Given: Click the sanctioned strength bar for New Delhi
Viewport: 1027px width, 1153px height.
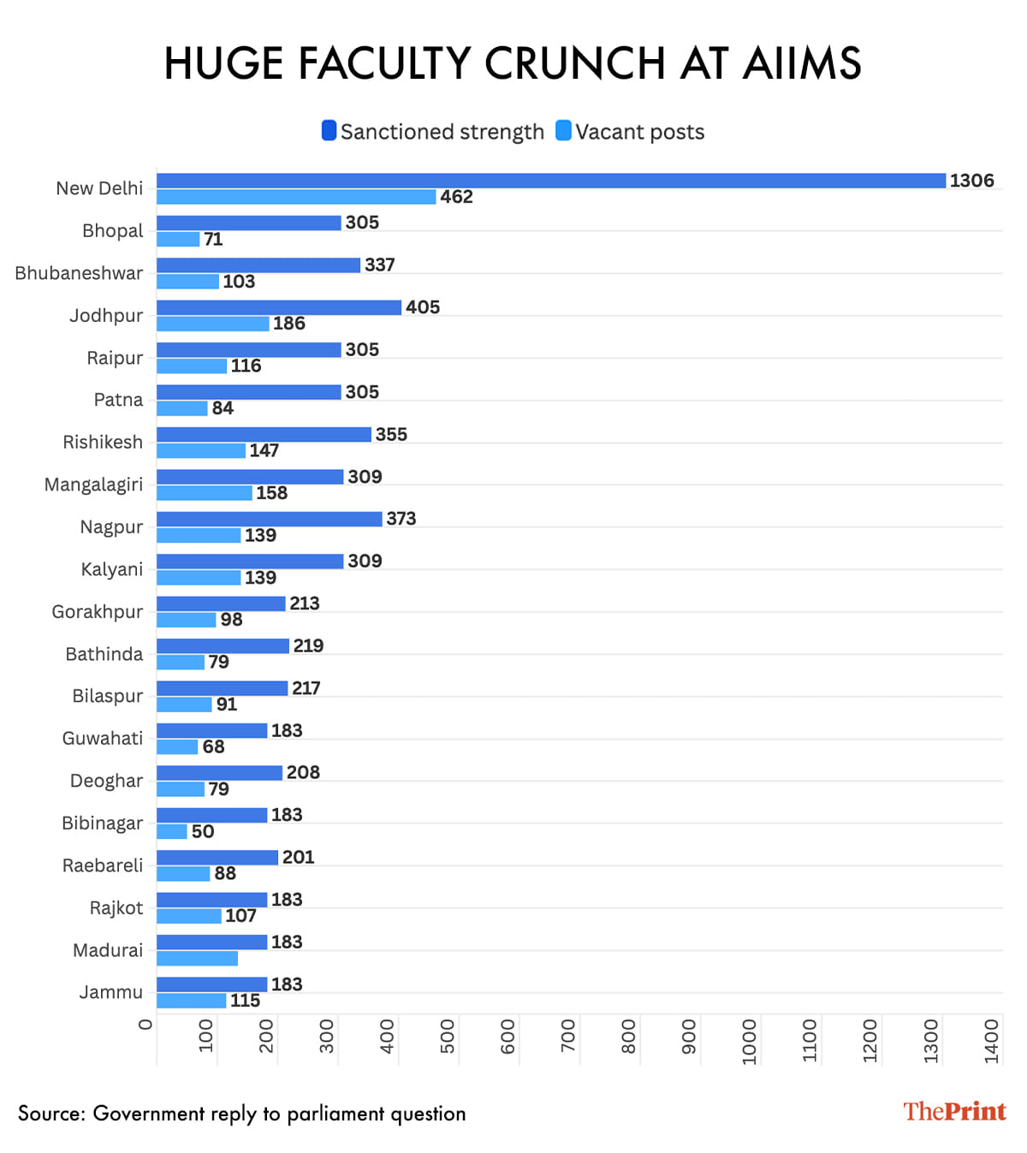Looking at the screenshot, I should pyautogui.click(x=550, y=181).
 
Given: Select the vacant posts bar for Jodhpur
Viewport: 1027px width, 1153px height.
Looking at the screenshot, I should pyautogui.click(x=213, y=324).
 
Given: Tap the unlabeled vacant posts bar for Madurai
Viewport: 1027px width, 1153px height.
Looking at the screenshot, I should pyautogui.click(x=197, y=959).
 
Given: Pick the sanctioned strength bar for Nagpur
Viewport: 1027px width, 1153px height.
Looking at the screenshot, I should pyautogui.click(x=269, y=519).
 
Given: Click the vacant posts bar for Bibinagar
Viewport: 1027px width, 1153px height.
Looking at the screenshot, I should pyautogui.click(x=172, y=831).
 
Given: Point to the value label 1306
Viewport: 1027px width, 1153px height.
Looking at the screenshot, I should pyautogui.click(x=971, y=181).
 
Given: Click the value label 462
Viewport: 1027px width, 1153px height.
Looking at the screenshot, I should pyautogui.click(x=456, y=197).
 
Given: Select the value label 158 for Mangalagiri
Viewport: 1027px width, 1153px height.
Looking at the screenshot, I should pyautogui.click(x=271, y=493).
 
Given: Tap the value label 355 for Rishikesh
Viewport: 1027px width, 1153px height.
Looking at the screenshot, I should pyautogui.click(x=391, y=434).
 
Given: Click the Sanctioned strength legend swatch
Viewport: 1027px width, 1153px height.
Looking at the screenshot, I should pyautogui.click(x=329, y=131).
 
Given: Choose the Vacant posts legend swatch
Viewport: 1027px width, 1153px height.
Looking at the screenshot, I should pyautogui.click(x=563, y=131).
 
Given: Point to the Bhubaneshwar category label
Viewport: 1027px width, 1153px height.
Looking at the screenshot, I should pyautogui.click(x=79, y=273).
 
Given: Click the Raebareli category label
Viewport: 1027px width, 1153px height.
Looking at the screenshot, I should pyautogui.click(x=103, y=865).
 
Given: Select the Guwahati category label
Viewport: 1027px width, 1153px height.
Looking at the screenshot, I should pyautogui.click(x=103, y=738).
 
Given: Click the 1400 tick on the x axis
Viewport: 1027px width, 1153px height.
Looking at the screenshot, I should pyautogui.click(x=992, y=1041).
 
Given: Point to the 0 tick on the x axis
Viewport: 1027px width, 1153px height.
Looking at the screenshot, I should pyautogui.click(x=145, y=1025).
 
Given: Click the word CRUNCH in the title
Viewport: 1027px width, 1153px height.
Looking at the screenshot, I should pyautogui.click(x=575, y=64).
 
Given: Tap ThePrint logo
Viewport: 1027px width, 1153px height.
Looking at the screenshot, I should pyautogui.click(x=954, y=1111).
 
